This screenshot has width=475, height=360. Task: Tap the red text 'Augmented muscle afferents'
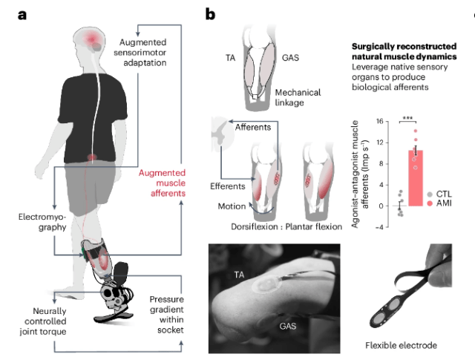(x=163, y=183)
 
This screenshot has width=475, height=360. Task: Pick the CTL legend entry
(x=441, y=192)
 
